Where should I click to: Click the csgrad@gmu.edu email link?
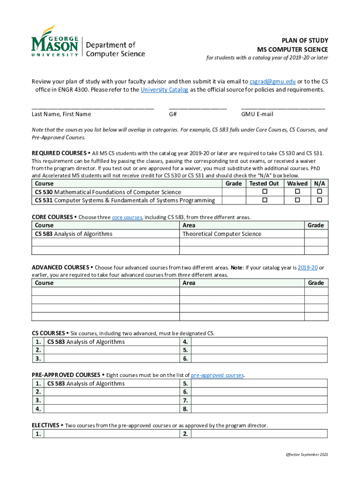click(272, 80)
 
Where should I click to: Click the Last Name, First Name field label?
click(61, 114)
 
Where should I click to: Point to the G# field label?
click(173, 114)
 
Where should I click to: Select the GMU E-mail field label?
click(257, 114)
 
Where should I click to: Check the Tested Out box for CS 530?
click(264, 192)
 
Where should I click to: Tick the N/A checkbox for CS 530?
click(320, 192)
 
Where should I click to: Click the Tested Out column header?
click(264, 184)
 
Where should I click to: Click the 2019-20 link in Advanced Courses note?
click(308, 268)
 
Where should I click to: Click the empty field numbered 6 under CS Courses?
click(259, 359)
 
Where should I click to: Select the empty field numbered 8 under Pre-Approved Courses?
click(259, 409)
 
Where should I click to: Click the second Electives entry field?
click(259, 434)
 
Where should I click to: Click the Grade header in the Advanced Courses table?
click(316, 283)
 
